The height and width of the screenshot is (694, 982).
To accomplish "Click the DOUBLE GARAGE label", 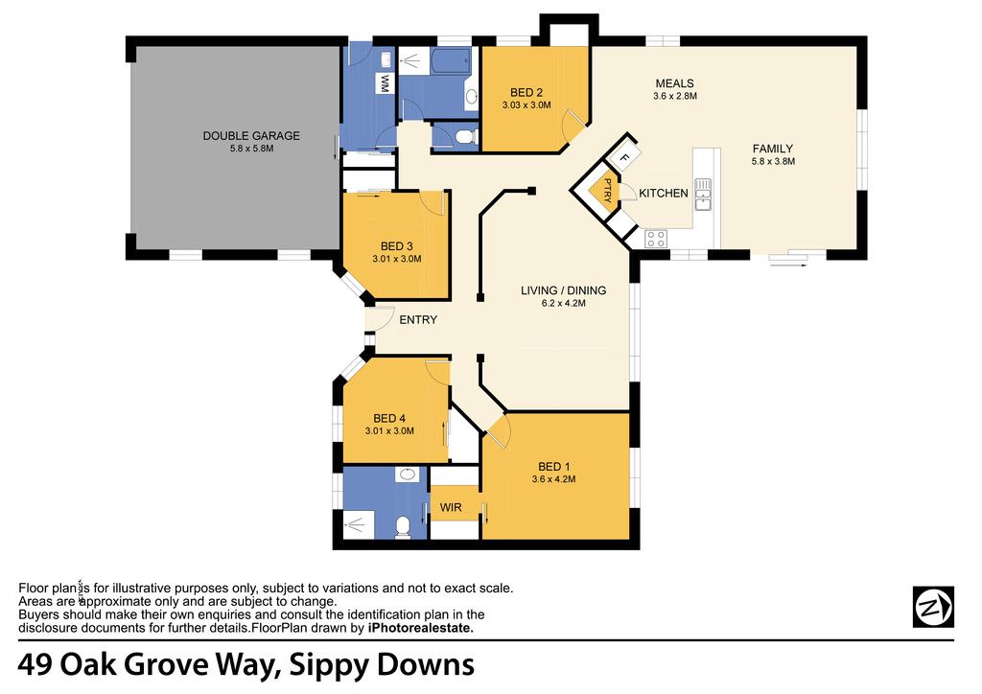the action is click(251, 136).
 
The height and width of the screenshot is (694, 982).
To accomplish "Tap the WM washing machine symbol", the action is click(386, 83).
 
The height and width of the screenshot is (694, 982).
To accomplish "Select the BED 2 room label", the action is click(526, 93).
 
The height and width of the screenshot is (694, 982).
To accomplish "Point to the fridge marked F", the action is click(623, 157).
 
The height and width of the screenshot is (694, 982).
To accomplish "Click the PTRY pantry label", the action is click(607, 190).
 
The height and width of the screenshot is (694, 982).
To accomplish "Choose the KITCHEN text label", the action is click(664, 194).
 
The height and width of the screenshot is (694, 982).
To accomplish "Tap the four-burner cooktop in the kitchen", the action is click(656, 239).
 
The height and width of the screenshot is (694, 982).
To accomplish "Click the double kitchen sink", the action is click(703, 194).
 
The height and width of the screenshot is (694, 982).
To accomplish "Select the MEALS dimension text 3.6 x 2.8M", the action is click(675, 97).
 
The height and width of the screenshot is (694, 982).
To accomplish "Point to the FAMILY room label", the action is click(773, 149).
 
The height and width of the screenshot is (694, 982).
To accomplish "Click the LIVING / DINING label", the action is click(564, 290).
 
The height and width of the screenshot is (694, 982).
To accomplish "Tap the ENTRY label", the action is click(418, 320).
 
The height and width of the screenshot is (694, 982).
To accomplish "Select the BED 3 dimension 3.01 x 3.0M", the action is click(397, 259).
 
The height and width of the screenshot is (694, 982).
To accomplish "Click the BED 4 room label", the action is click(389, 419).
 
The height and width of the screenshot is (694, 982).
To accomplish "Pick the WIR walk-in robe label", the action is click(451, 507).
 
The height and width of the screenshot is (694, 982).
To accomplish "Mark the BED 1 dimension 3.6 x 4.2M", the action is click(553, 479).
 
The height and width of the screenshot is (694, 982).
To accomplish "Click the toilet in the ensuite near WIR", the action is click(403, 526).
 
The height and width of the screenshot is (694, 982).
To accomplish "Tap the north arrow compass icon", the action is click(933, 607).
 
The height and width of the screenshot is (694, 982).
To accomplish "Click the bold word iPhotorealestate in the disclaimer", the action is click(421, 628).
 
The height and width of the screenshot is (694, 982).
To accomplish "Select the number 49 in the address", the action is click(35, 664).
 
